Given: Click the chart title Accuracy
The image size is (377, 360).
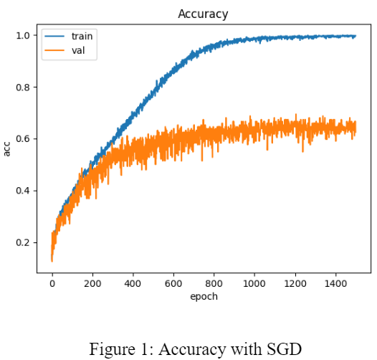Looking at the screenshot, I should (x=202, y=13).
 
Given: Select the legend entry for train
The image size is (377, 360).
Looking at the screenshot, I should (x=82, y=36).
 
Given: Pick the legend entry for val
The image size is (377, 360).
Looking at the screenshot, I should (x=78, y=50).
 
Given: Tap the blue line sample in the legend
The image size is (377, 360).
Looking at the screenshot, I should (x=54, y=36).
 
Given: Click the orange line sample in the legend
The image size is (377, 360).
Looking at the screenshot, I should (x=54, y=50).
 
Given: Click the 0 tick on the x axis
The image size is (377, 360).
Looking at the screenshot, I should (x=52, y=284).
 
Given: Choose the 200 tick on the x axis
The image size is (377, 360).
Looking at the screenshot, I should (x=92, y=284).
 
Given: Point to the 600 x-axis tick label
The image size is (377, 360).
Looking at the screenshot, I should (x=173, y=284).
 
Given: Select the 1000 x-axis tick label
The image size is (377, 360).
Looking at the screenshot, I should (x=254, y=284).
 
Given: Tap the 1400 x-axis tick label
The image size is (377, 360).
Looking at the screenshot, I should (x=335, y=284).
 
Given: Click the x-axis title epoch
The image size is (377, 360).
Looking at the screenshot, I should (x=203, y=296).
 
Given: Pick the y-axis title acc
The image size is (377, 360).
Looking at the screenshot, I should (x=7, y=149).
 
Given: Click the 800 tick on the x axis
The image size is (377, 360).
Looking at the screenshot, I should (x=214, y=284).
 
